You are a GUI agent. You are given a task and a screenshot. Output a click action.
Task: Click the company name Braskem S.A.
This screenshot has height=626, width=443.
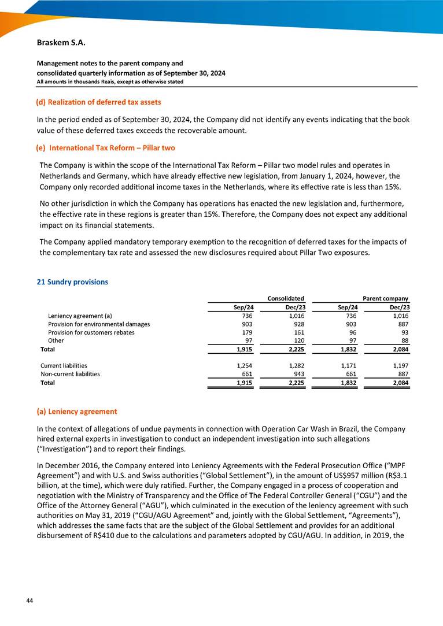(57, 43)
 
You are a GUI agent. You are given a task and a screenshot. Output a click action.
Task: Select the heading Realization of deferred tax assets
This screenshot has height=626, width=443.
(98, 102)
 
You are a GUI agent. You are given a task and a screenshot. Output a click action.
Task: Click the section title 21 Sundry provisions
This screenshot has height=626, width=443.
(72, 282)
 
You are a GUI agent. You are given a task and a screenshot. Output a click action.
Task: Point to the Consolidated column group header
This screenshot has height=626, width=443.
(286, 298)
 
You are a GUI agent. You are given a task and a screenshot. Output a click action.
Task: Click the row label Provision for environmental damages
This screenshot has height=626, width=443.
(98, 324)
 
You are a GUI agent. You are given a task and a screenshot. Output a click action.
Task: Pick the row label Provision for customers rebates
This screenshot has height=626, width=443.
(91, 332)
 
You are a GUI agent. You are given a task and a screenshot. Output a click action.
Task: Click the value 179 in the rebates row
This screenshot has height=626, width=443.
(245, 332)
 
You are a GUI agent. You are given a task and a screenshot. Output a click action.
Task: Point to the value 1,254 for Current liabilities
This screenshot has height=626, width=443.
(242, 366)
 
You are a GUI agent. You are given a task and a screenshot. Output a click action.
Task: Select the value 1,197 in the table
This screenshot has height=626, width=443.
(401, 366)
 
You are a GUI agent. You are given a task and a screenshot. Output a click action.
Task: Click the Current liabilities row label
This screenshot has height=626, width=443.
(64, 366)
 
